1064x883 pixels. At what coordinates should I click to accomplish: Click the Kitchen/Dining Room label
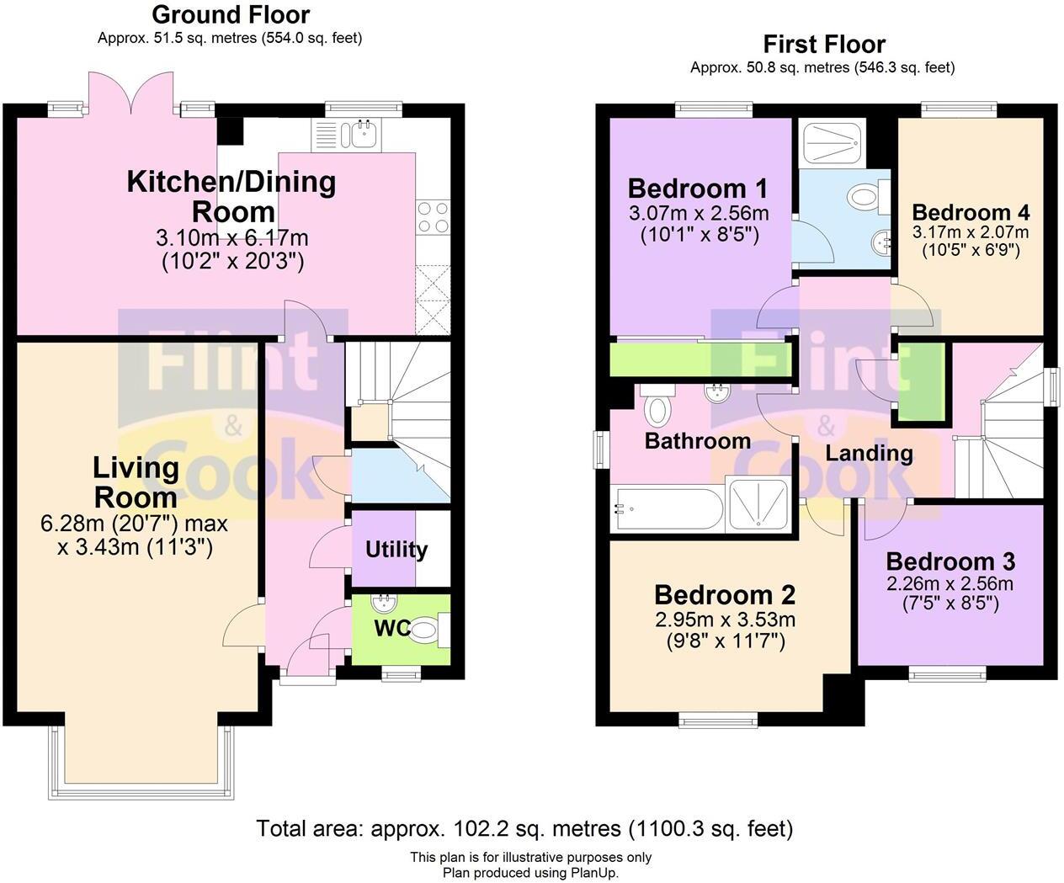231,196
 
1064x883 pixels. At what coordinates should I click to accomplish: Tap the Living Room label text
136,481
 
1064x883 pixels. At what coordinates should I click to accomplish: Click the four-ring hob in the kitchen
433,217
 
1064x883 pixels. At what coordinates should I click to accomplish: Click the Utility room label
396,550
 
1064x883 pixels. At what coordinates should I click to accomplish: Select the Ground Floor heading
230,14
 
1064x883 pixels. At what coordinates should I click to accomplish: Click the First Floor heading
823,44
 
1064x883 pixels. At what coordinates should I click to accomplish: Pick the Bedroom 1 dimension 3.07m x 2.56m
698,213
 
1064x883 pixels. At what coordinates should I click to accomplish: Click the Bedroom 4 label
970,212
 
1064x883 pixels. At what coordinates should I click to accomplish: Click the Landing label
868,453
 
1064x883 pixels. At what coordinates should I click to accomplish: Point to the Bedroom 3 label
950,561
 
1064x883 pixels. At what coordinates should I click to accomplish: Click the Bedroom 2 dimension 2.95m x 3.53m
725,620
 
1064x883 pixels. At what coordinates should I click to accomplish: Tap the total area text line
524,828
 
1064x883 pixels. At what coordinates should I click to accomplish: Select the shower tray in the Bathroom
758,505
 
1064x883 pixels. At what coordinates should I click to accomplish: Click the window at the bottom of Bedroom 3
950,673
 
